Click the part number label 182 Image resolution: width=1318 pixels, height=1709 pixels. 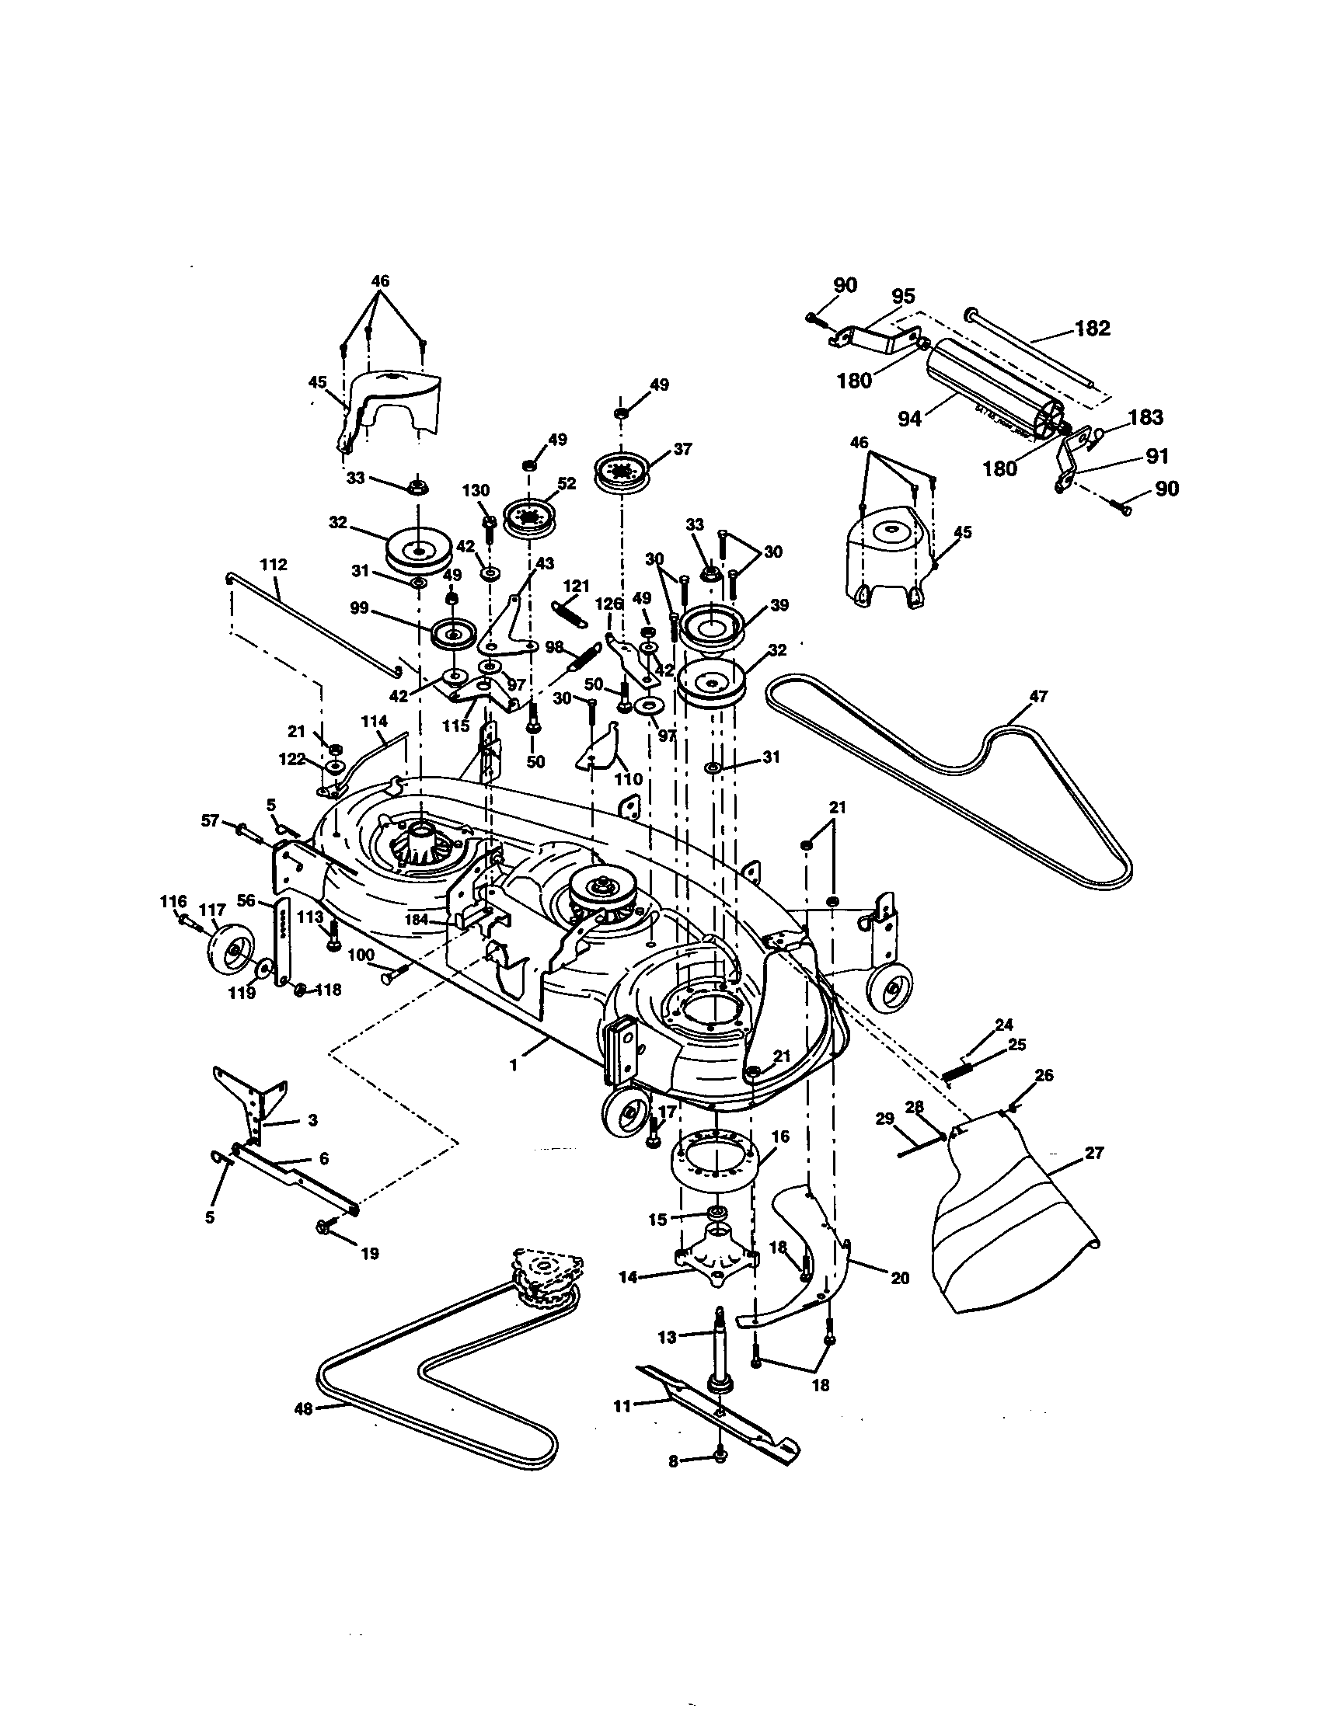pyautogui.click(x=1092, y=328)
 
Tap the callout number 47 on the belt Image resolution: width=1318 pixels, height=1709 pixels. pyautogui.click(x=1038, y=697)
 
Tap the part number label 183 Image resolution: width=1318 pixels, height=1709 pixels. pyautogui.click(x=1145, y=417)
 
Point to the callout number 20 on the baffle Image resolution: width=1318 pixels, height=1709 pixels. pyautogui.click(x=900, y=1278)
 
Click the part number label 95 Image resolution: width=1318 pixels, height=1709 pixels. pyautogui.click(x=903, y=298)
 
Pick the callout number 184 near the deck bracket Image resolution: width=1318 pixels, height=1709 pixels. pyautogui.click(x=417, y=921)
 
